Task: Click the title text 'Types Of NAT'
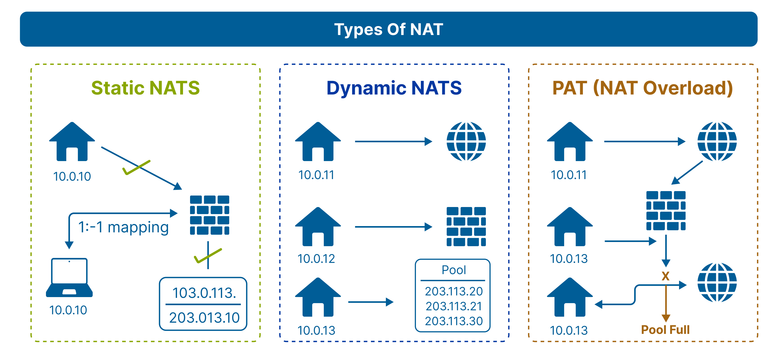click(389, 29)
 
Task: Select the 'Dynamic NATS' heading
click(394, 88)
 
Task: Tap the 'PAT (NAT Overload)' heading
click(643, 88)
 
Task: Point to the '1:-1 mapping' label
click(123, 227)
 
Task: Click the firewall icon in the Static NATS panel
click(209, 215)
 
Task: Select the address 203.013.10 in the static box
click(204, 318)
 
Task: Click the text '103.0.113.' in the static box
click(204, 293)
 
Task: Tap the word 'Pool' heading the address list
click(454, 270)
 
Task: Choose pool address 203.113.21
click(454, 306)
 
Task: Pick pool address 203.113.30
click(454, 321)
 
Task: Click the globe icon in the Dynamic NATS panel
click(466, 141)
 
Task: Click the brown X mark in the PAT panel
click(665, 276)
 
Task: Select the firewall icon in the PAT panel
click(666, 210)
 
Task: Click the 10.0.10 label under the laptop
click(68, 310)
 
